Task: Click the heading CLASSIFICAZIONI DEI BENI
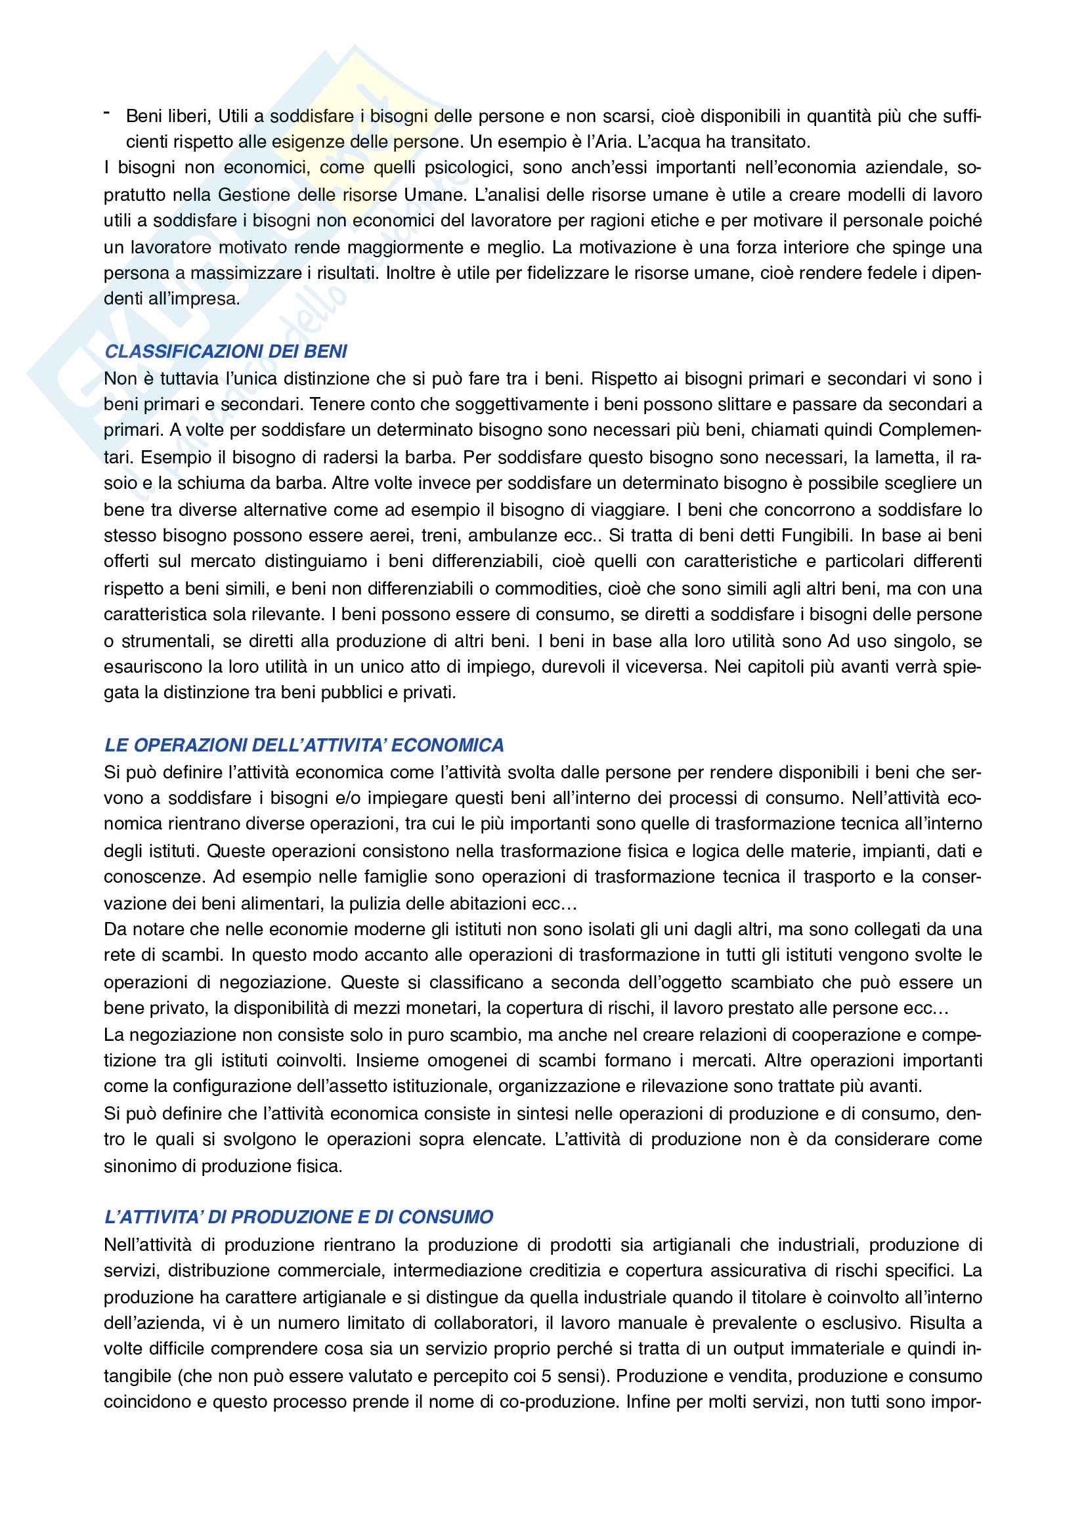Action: point(226,352)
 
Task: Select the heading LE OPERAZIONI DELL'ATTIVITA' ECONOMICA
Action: point(304,746)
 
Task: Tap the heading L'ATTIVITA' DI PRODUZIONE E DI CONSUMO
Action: point(299,1217)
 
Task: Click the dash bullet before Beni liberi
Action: point(107,114)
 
